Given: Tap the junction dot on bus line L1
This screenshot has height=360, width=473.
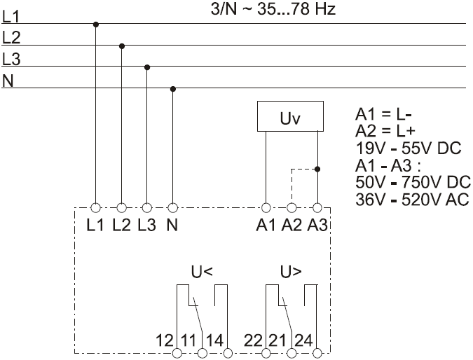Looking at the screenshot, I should click(95, 25).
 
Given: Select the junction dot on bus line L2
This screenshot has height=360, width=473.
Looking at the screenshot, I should click(121, 46).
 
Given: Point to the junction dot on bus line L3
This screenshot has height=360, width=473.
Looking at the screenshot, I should click(146, 67).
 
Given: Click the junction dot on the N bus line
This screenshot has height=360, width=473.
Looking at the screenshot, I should click(172, 89).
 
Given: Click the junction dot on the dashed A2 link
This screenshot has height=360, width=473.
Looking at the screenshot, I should click(317, 169).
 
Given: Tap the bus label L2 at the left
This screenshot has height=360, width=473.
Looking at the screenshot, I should click(11, 36).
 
